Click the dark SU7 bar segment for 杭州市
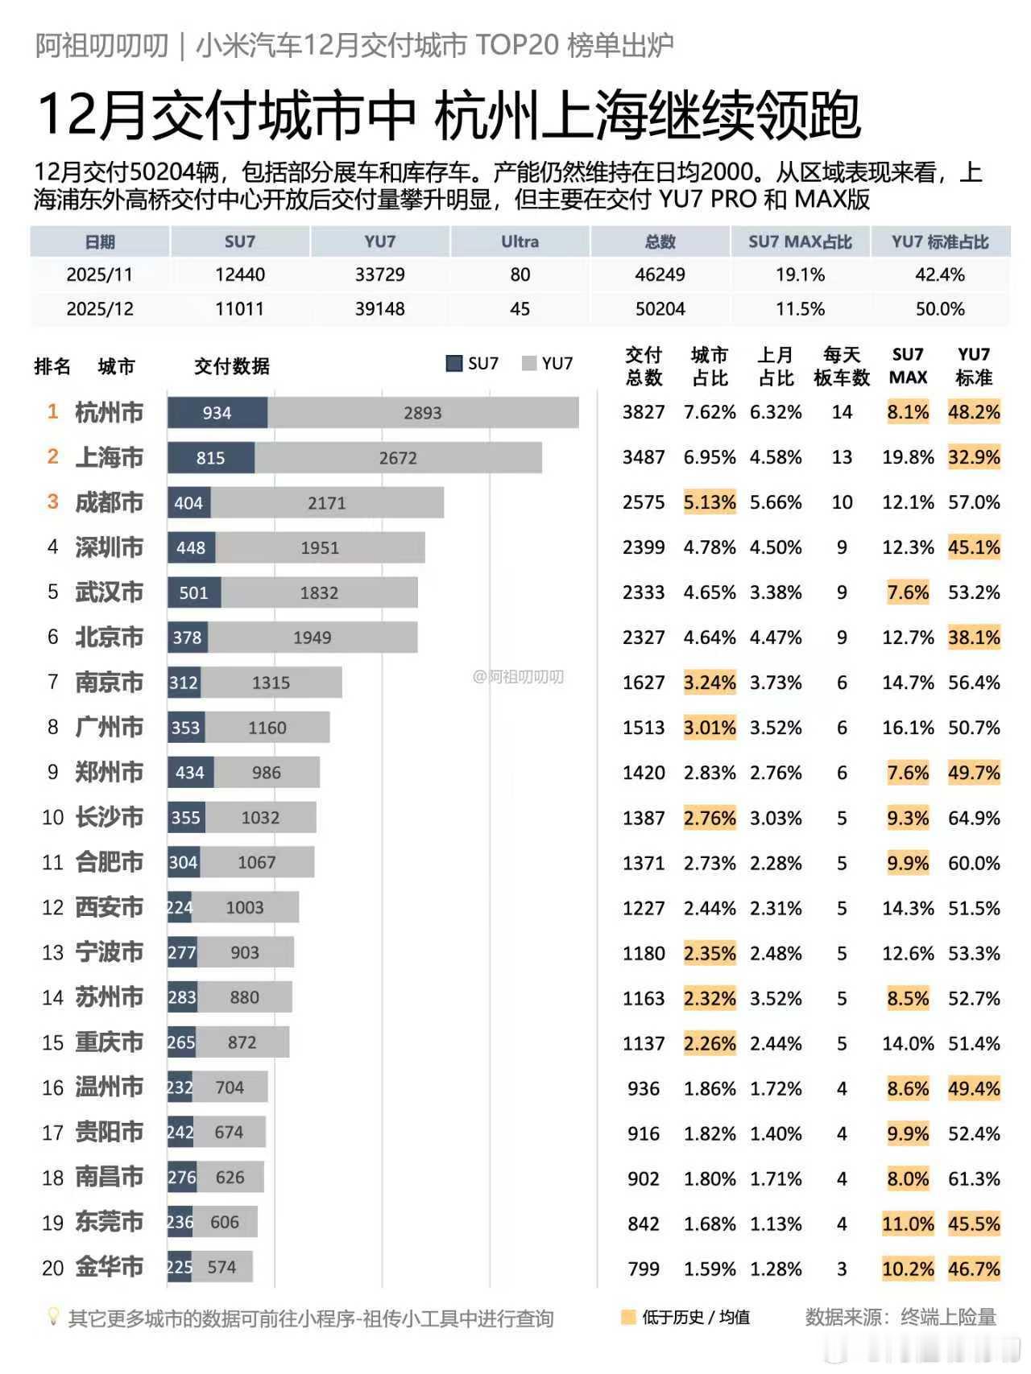coord(217,413)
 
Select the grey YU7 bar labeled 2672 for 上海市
coord(398,458)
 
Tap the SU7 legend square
coord(453,363)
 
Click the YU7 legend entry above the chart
coord(548,363)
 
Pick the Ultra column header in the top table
coord(520,241)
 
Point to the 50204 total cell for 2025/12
coord(660,309)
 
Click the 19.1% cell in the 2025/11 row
coord(800,275)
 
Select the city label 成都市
coord(109,503)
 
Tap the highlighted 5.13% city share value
coord(710,502)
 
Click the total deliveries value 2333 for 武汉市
coord(644,592)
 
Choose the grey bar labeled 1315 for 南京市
coord(271,683)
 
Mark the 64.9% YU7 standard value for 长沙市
coord(974,818)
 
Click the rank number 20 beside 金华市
coord(52,1269)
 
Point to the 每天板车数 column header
coord(842,366)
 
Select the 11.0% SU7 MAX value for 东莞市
coord(908,1223)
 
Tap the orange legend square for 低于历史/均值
coord(628,1318)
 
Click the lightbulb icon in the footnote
coord(53,1317)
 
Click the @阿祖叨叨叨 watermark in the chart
coord(518,677)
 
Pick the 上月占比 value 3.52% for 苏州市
coord(776,998)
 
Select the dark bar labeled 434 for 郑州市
coord(190,773)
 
